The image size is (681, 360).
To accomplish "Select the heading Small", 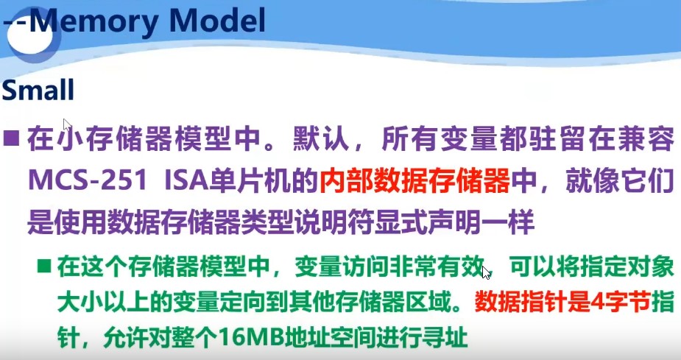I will (x=38, y=91).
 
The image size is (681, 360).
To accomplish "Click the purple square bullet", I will (x=11, y=138).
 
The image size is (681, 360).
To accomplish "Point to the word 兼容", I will (x=649, y=139).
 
